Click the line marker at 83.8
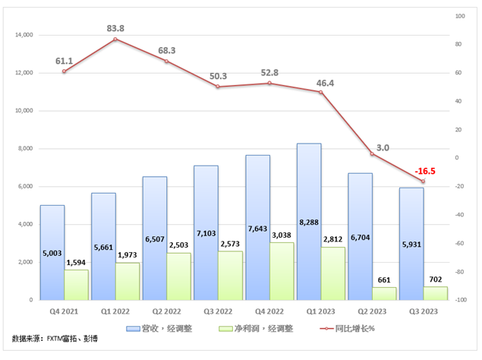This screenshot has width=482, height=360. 115,39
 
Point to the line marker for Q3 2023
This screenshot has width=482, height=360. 423,182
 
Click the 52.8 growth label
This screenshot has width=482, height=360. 272,73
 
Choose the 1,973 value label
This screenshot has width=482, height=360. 128,254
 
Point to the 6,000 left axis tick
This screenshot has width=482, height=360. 26,186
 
